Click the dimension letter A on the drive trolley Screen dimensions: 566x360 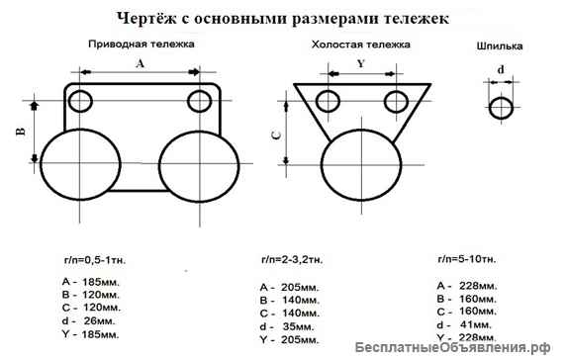coord(140,62)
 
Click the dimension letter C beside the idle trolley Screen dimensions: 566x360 coord(276,136)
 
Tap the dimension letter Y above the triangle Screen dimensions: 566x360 coord(360,61)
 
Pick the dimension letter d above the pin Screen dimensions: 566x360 coord(501,69)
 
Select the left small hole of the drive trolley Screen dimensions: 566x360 coord(80,100)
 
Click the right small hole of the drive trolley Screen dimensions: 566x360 coord(200,100)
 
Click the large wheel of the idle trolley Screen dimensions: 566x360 coord(360,158)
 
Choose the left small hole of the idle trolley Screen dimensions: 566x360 coord(327,99)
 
